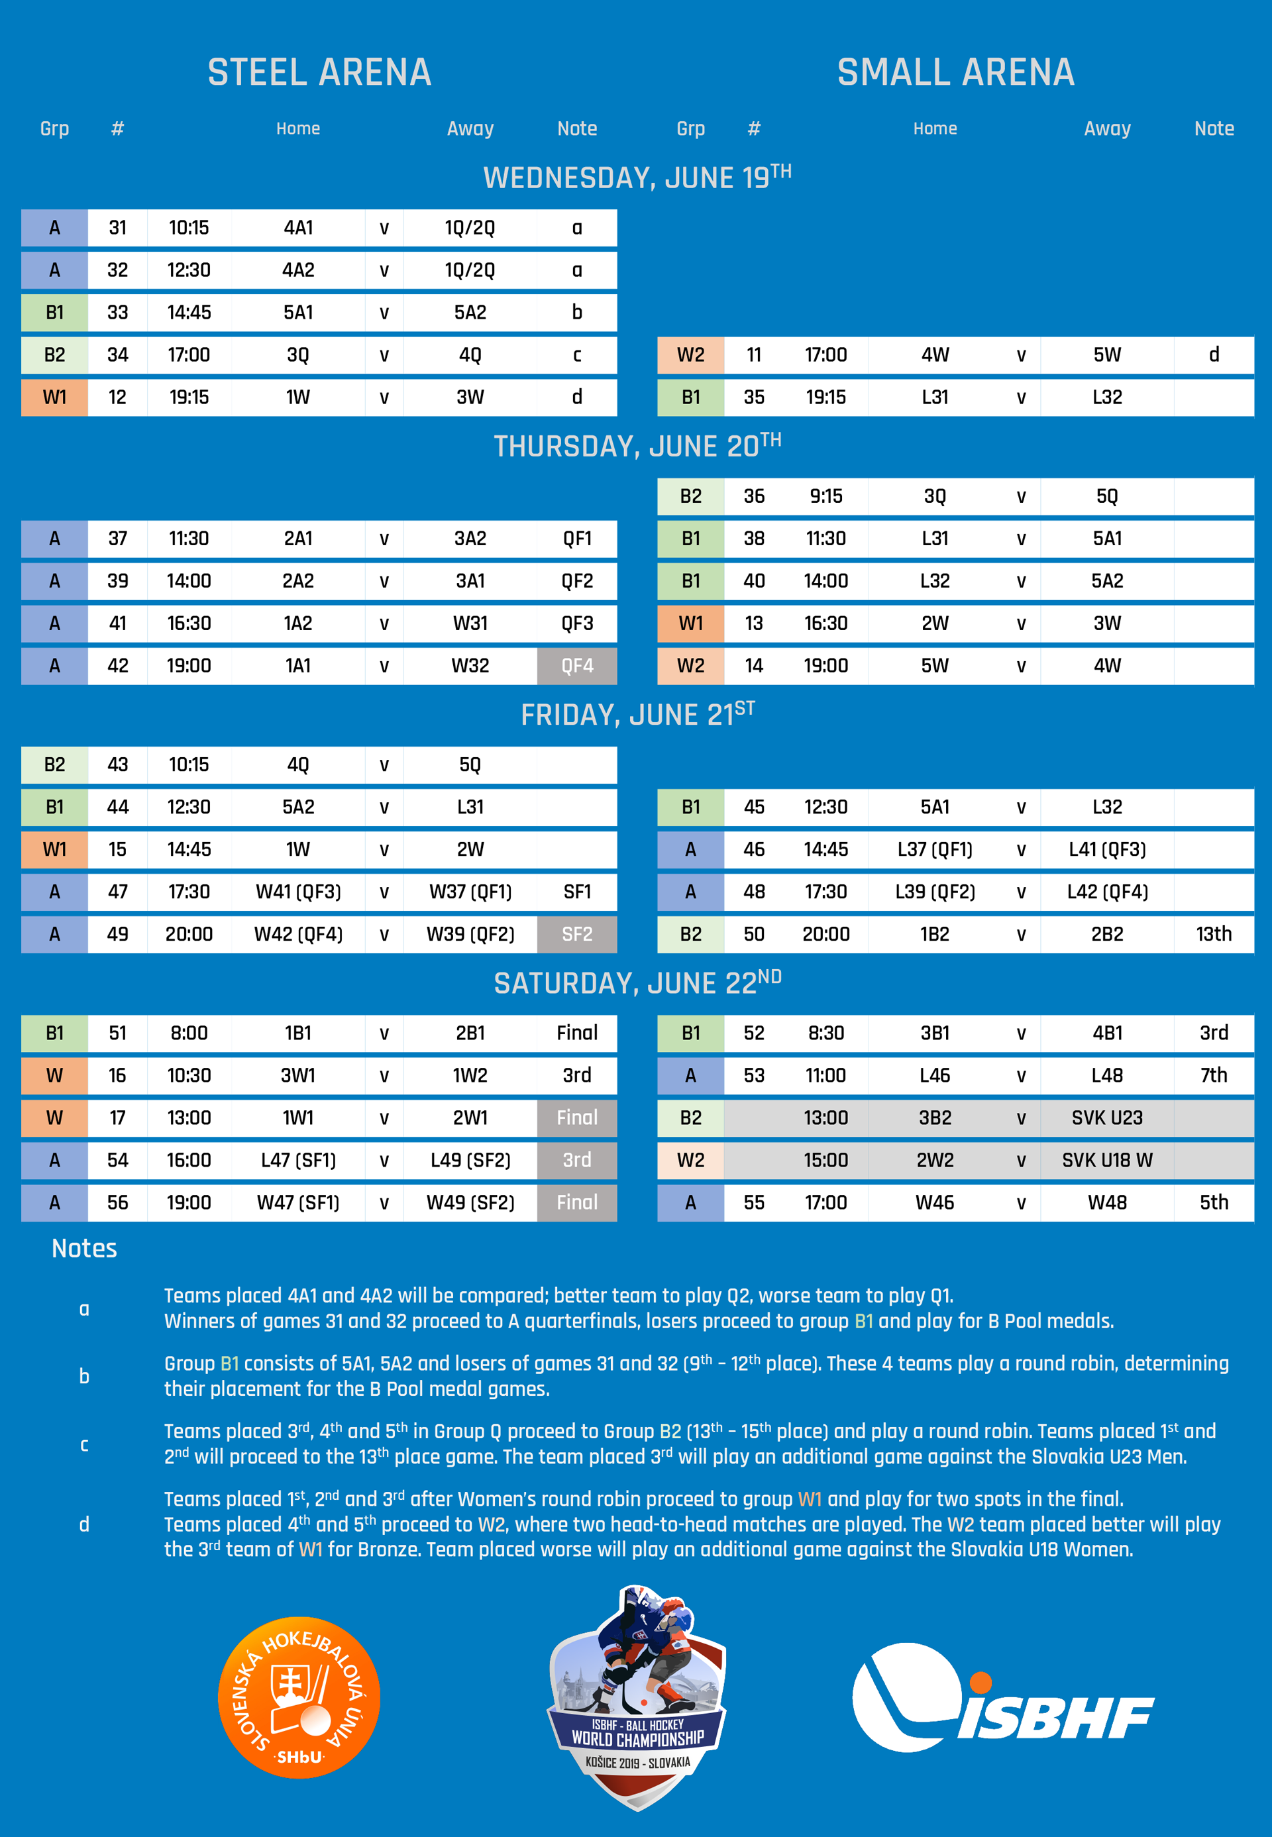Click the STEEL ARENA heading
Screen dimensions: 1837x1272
pos(319,72)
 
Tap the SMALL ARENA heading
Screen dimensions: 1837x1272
pos(955,72)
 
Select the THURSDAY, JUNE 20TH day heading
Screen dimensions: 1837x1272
pos(636,445)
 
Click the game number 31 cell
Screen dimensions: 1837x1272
pos(117,228)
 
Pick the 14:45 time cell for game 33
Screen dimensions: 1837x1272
pos(189,313)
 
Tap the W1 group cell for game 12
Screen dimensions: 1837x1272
pos(54,397)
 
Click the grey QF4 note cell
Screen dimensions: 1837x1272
pos(576,666)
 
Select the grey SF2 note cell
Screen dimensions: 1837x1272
pos(576,934)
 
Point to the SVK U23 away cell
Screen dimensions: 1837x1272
pos(1106,1118)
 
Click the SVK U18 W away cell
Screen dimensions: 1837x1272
pos(1106,1159)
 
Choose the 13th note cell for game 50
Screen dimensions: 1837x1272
pos(1213,934)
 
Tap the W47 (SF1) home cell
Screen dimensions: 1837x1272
pos(298,1202)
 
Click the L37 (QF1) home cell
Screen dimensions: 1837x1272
pos(934,849)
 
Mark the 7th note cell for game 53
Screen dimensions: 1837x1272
pos(1213,1075)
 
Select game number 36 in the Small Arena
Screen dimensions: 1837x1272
pos(753,496)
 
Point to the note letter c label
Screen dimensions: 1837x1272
pos(83,1444)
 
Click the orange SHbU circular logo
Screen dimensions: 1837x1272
pos(299,1697)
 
